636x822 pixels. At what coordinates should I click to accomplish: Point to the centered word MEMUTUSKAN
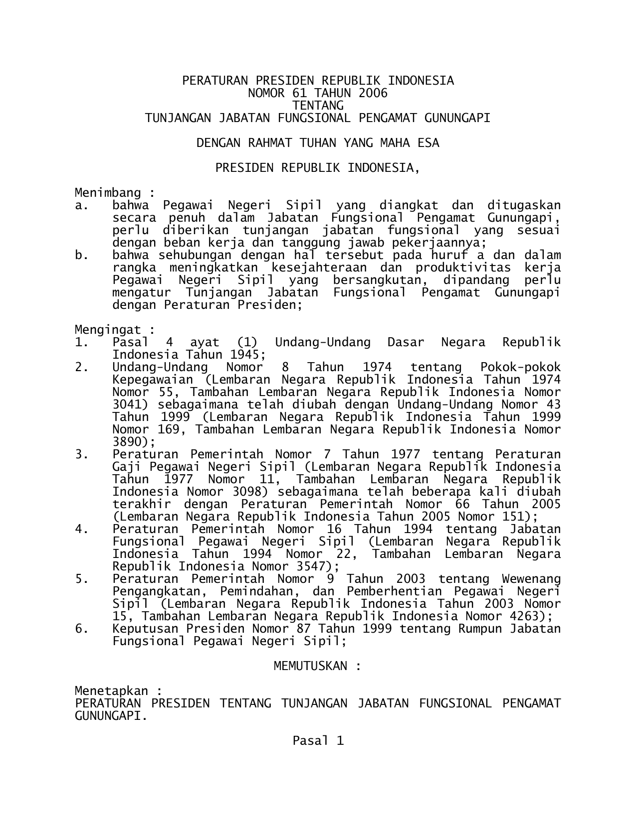pyautogui.click(x=310, y=666)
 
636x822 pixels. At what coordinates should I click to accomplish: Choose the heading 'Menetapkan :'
pyautogui.click(x=118, y=691)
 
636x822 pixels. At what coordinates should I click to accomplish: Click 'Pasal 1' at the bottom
pyautogui.click(x=318, y=741)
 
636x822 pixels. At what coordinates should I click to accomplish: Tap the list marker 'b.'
pyautogui.click(x=81, y=255)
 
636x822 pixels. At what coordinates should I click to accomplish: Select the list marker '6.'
pyautogui.click(x=81, y=629)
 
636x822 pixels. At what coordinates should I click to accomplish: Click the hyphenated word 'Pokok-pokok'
pyautogui.click(x=520, y=367)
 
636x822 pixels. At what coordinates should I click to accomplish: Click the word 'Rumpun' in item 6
pyautogui.click(x=478, y=629)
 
